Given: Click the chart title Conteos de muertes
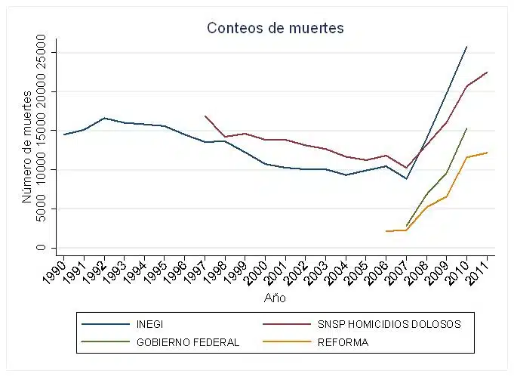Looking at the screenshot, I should [275, 28].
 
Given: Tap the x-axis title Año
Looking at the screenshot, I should [275, 298].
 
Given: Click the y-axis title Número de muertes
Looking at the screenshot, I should [27, 147].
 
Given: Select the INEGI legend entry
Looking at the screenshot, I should [150, 324].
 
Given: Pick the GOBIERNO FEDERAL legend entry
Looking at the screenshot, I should [187, 341].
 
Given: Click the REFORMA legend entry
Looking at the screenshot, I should [343, 341].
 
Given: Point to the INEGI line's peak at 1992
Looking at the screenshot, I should [104, 118].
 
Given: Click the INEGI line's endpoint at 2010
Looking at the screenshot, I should [467, 47].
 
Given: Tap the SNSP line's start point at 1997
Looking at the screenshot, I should [205, 116].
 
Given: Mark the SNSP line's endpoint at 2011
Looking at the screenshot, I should [488, 72].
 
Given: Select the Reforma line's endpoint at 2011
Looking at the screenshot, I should [488, 153].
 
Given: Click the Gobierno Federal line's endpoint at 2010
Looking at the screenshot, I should [467, 128].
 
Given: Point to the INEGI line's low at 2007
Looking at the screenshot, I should [407, 179].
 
